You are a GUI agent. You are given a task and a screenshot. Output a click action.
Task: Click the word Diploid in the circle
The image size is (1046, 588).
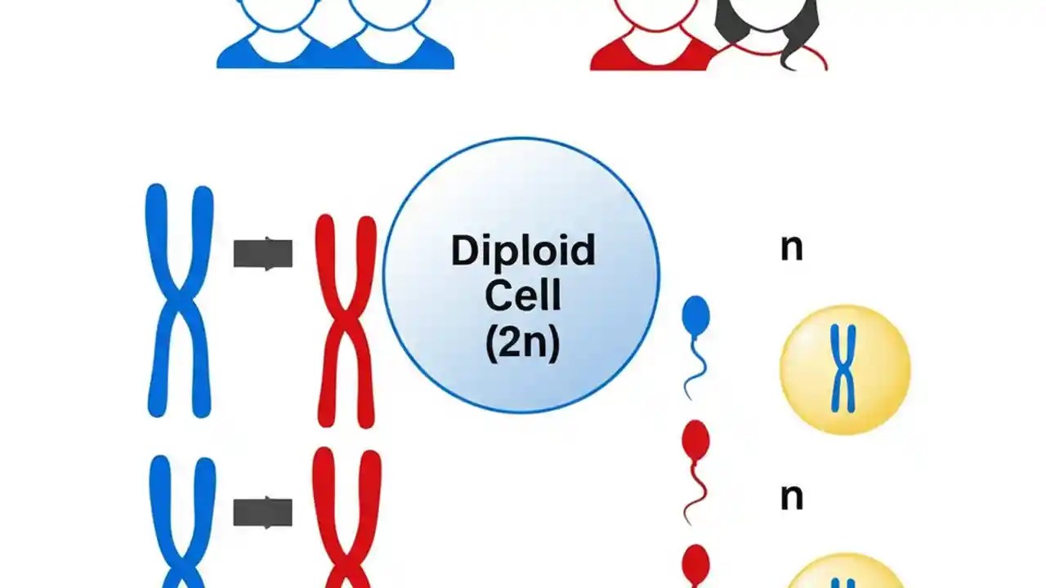point(522,252)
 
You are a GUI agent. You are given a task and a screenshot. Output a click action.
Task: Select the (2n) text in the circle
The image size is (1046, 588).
point(522,343)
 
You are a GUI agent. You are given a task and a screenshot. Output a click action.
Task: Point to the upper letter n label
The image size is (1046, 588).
point(791,247)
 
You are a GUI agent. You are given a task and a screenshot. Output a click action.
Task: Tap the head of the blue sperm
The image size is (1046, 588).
point(695,314)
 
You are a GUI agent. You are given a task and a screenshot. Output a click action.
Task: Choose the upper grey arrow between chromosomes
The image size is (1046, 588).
point(262,253)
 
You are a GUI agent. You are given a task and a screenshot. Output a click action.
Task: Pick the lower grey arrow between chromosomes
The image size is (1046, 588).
point(262,512)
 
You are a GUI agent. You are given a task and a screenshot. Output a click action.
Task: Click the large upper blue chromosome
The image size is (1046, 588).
point(179,300)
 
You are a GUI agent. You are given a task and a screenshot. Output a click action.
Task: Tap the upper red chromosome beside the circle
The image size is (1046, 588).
point(346,320)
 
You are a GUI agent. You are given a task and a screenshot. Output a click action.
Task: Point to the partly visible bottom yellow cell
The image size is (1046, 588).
point(844,575)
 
